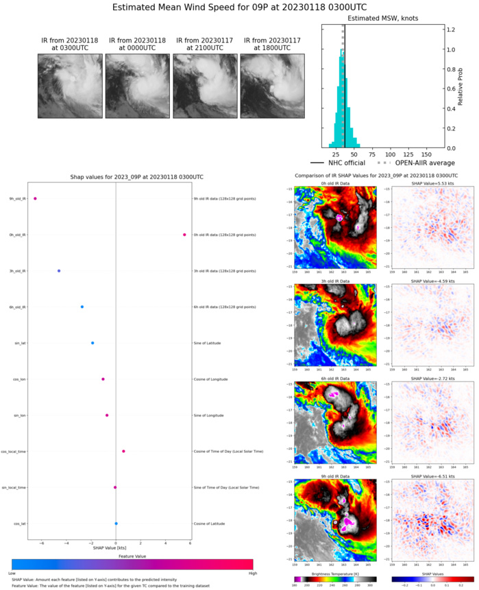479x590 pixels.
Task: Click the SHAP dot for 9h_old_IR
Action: (35, 199)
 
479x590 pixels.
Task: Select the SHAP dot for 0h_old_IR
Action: (184, 235)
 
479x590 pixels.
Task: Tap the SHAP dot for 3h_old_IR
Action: (59, 271)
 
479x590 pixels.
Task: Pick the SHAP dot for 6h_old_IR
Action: (82, 307)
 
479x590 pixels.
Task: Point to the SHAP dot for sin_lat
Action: (93, 343)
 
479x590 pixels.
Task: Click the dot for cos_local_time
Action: (123, 451)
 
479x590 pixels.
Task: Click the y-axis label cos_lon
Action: (21, 379)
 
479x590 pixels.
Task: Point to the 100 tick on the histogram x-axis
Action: (391, 155)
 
